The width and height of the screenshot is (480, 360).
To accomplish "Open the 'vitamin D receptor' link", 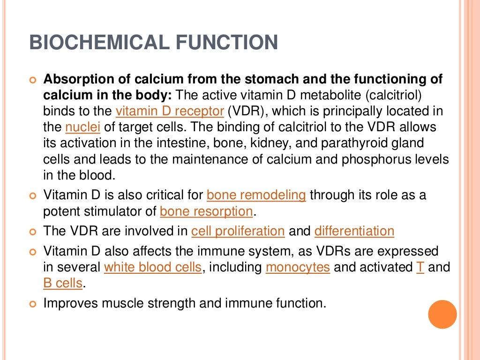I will pos(170,112).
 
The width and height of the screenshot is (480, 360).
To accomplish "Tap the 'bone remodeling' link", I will pos(256,195).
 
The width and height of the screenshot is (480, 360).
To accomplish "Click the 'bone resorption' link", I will pos(206,211).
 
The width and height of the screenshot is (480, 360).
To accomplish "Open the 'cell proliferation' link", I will pos(238,231).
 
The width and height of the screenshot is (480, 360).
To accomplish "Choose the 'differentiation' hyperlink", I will pos(354,231).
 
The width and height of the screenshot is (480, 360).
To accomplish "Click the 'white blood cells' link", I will pos(153,267).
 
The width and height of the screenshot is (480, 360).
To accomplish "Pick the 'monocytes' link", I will pos(298,267).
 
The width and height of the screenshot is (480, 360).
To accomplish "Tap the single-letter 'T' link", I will pos(420,267).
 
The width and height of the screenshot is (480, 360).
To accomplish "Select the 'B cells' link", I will pos(63,283).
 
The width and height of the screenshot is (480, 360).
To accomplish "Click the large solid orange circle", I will pos(442,315).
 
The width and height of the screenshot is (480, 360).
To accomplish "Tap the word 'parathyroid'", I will pos(359,143).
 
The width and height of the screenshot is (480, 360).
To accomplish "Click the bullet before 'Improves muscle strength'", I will pos(32,304).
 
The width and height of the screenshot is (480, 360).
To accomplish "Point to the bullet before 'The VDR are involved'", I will pos(32,232).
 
